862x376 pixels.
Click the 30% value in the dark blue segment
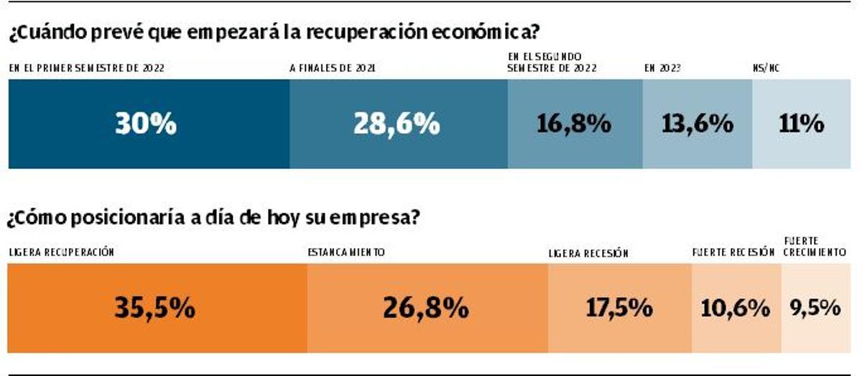click(145, 124)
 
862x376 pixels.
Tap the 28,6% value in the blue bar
click(396, 124)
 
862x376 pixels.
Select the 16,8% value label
click(574, 124)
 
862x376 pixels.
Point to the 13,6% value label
click(697, 124)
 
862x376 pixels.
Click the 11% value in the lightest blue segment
click(801, 124)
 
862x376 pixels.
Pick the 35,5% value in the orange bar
click(154, 308)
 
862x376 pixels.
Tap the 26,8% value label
click(426, 308)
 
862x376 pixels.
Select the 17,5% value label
click(619, 308)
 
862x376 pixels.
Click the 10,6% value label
click(735, 308)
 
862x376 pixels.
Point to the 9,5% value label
click(815, 308)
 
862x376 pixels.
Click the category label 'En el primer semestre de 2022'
click(87, 69)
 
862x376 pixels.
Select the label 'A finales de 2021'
click(332, 69)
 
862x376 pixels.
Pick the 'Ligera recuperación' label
click(62, 252)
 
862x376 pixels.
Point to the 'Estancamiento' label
click(346, 252)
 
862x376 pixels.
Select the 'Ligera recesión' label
click(588, 253)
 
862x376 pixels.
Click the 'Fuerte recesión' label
click(733, 253)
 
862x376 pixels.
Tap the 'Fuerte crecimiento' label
click(814, 247)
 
